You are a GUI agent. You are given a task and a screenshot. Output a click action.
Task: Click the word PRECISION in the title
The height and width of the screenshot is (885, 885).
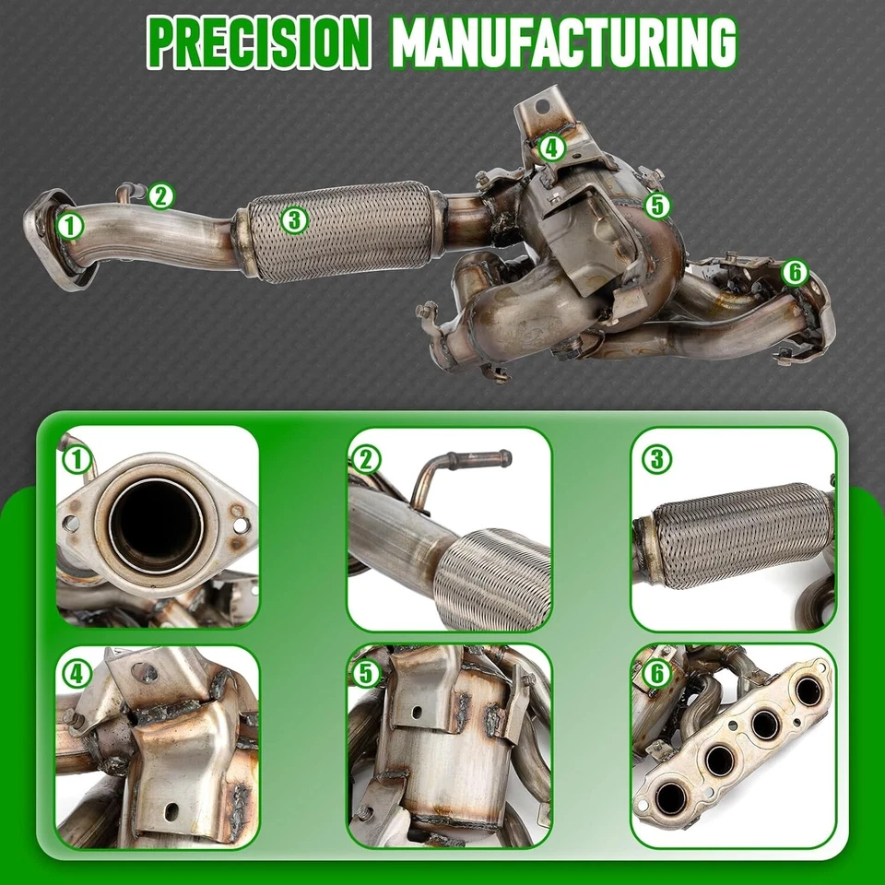click(x=259, y=41)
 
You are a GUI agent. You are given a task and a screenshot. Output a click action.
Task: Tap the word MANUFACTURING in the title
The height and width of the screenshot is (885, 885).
click(x=563, y=41)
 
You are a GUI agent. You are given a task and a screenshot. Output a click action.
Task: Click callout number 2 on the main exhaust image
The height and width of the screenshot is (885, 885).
click(x=160, y=195)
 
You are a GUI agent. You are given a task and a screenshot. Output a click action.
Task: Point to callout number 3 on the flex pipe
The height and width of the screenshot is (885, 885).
click(x=293, y=219)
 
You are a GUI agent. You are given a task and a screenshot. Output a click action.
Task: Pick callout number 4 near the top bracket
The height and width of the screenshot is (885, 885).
click(x=551, y=147)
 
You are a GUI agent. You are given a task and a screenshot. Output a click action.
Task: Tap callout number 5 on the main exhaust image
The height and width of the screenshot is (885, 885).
click(x=656, y=205)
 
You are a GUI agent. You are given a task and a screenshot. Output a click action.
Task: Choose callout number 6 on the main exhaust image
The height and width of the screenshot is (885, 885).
click(x=794, y=272)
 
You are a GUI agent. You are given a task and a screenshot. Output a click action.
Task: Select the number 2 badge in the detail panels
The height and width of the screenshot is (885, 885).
click(x=366, y=458)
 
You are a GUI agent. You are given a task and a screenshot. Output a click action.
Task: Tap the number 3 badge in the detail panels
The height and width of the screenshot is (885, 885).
click(x=656, y=458)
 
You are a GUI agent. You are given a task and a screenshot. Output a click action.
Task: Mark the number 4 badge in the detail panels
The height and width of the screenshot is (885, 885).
click(x=77, y=674)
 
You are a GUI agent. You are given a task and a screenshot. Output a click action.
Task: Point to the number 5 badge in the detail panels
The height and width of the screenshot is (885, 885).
click(x=366, y=674)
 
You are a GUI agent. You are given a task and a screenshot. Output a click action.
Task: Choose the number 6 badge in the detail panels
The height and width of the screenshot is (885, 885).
click(x=656, y=674)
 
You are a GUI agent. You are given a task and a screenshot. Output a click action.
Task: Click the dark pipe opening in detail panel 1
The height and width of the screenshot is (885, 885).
click(x=155, y=525)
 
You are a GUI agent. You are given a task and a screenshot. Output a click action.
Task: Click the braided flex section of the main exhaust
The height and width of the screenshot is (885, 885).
click(x=341, y=230)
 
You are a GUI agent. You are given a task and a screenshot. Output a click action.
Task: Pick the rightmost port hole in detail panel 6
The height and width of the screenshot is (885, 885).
click(x=810, y=690)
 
